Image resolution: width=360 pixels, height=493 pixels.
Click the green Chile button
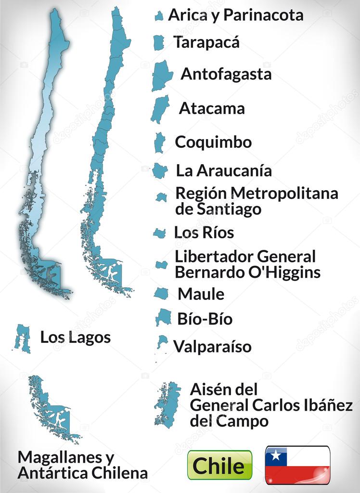click(x=219, y=465)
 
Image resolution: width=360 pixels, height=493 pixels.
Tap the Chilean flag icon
click(x=297, y=465)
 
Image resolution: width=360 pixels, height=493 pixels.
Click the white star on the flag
click(x=275, y=455)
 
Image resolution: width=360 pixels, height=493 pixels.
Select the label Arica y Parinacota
click(x=235, y=15)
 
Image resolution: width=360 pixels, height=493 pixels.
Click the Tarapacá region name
click(x=206, y=42)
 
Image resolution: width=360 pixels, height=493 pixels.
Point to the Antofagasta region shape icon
click(x=162, y=76)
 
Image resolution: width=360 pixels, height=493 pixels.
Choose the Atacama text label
click(x=212, y=108)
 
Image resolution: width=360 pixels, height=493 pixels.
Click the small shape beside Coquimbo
click(x=159, y=143)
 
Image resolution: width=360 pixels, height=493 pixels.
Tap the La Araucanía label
click(x=224, y=170)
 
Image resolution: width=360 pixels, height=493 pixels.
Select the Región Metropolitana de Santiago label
click(x=257, y=201)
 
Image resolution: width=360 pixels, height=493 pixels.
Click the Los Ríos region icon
click(x=159, y=233)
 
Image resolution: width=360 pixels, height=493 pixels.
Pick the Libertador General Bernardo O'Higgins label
click(x=247, y=264)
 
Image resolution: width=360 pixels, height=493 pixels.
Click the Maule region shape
click(x=161, y=293)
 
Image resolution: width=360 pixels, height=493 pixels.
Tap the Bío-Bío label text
click(x=205, y=319)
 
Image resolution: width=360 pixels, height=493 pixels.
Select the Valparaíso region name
click(x=212, y=346)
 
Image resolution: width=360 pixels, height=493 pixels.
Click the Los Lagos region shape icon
click(x=22, y=337)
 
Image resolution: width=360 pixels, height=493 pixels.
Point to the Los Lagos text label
click(x=75, y=337)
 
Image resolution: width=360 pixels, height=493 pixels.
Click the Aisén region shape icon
click(x=167, y=404)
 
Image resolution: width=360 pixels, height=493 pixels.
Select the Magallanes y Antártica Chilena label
click(x=82, y=465)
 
